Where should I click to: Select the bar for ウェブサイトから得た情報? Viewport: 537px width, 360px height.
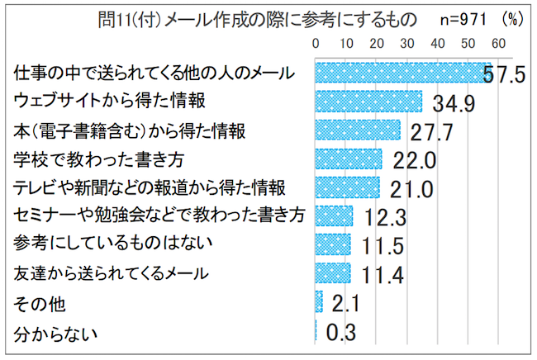tap(368, 102)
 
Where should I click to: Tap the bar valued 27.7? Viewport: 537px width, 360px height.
tap(358, 130)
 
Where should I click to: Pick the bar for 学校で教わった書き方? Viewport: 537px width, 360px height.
tap(349, 159)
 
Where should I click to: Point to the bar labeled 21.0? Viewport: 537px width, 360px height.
tap(348, 187)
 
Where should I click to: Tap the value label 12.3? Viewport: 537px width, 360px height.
tap(381, 216)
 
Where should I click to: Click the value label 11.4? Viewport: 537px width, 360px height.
tap(378, 273)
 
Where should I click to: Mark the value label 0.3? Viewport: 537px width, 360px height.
tap(341, 333)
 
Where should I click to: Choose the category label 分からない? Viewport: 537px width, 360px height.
tap(57, 334)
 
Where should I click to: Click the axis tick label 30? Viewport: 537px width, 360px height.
tap(407, 43)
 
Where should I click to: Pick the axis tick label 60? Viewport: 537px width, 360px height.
tap(497, 43)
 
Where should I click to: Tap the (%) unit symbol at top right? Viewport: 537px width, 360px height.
tap(514, 18)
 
